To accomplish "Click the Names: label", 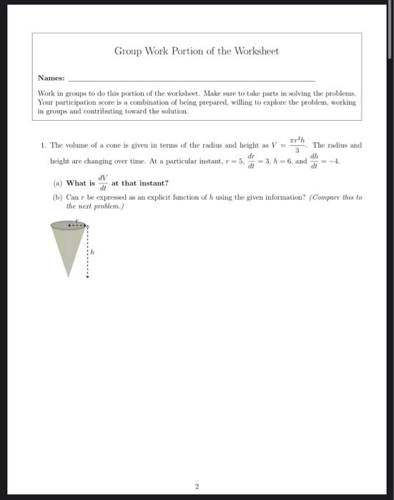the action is pos(51,78).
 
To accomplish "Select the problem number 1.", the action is pos(43,145).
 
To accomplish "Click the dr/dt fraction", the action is pos(250,161).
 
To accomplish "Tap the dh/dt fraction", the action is pos(315,161).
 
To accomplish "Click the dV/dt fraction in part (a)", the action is pos(103,183).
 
